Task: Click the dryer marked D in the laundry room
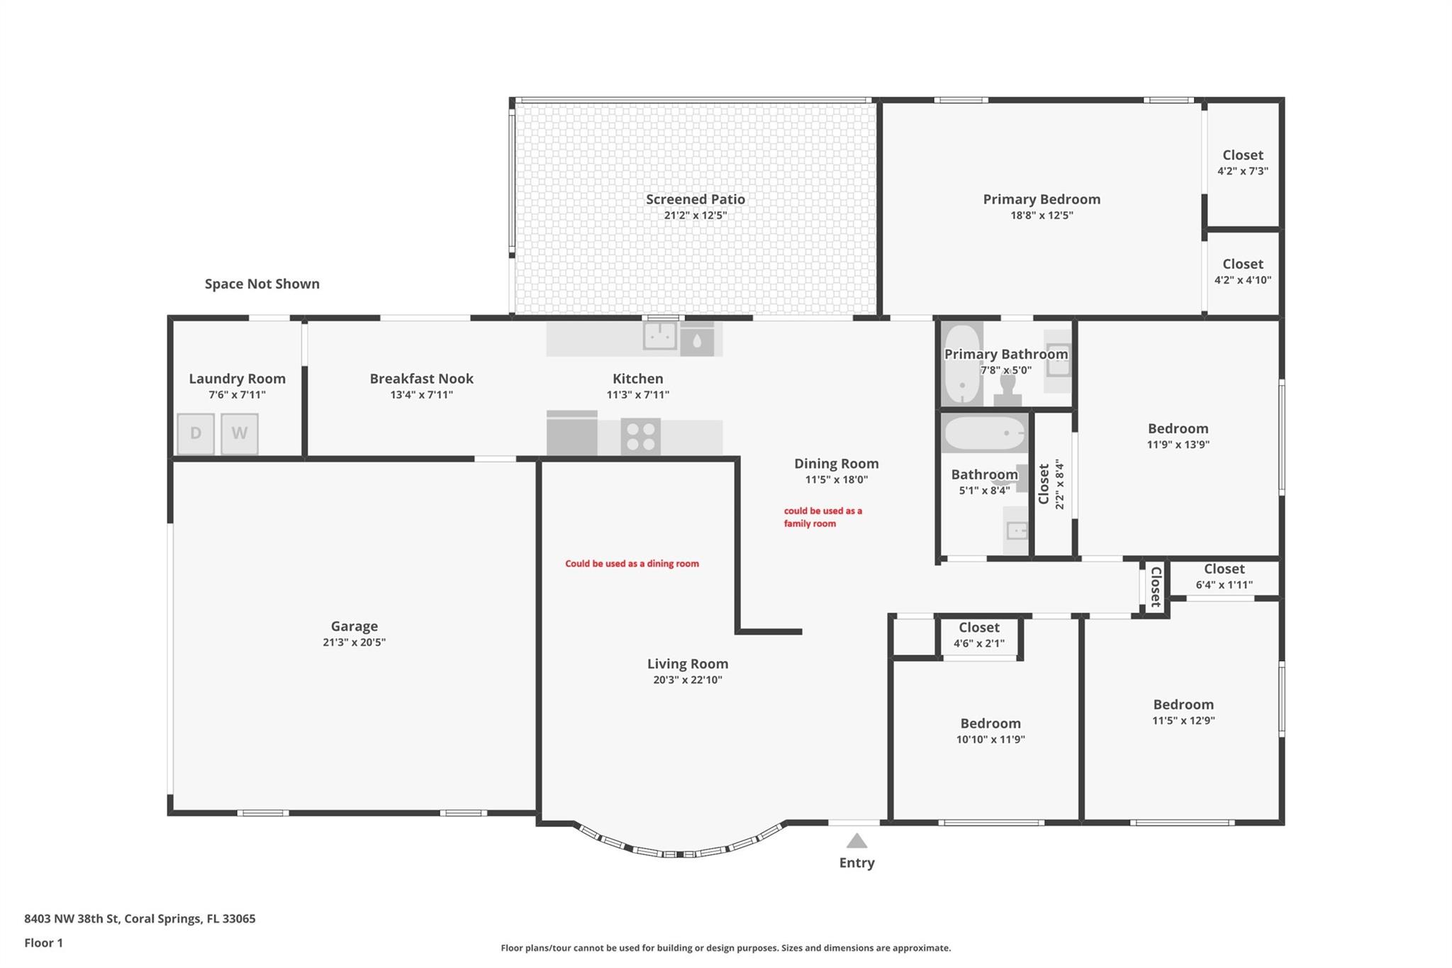click(196, 433)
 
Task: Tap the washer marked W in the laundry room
click(240, 433)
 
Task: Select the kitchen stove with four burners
click(641, 436)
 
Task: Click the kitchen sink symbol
click(660, 335)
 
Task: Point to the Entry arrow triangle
click(856, 841)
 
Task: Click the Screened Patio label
click(696, 199)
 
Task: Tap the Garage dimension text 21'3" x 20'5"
click(354, 642)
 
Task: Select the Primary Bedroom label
click(1041, 199)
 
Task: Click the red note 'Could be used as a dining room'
click(632, 564)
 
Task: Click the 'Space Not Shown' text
click(262, 284)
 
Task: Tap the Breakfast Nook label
click(422, 379)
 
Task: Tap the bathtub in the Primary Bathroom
click(963, 364)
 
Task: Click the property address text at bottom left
click(140, 919)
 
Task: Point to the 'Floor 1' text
click(43, 943)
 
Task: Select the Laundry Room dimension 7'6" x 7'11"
click(237, 395)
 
